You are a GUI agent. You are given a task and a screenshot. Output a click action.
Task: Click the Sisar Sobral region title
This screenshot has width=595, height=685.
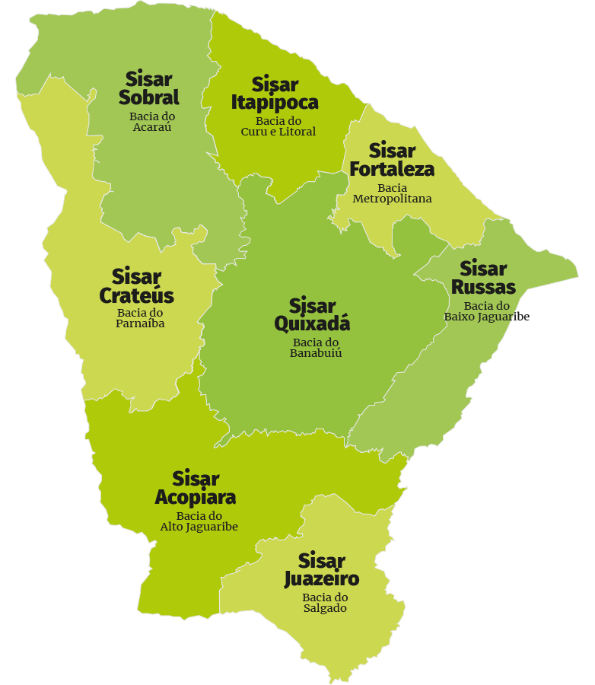(149, 88)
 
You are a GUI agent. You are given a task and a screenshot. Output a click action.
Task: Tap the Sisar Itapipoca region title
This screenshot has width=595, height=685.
(275, 93)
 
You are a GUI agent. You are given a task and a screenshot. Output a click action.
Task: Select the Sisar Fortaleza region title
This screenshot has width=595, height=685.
(392, 159)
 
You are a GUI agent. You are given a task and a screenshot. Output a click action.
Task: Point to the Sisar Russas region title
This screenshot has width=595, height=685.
(483, 278)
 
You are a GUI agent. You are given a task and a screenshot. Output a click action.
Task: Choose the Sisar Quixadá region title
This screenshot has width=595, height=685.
(312, 314)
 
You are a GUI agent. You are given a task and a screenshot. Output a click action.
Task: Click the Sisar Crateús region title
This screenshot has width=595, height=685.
(137, 286)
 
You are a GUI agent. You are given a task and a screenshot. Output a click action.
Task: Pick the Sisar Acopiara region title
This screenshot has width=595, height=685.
(196, 488)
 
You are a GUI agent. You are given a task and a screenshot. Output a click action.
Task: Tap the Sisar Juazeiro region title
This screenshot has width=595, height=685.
(321, 570)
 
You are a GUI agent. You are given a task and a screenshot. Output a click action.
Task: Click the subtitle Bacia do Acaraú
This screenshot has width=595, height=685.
(152, 122)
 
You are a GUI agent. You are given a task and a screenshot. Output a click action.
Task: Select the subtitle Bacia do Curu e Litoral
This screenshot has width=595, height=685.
(278, 126)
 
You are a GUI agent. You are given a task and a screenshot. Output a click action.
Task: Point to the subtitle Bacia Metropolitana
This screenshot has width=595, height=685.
(392, 193)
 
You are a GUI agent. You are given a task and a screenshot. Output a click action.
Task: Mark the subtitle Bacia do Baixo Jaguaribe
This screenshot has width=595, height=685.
(487, 311)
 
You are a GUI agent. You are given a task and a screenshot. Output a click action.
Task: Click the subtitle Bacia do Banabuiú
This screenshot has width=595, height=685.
(316, 348)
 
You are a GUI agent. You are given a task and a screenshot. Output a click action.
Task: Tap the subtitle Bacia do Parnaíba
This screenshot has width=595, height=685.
(141, 318)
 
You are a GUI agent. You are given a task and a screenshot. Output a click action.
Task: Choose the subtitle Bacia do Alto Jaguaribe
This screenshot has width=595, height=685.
(199, 521)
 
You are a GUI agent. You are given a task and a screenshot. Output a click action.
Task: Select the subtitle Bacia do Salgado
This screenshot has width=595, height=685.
(325, 603)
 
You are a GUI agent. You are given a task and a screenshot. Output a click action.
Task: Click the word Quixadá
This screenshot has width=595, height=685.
(312, 323)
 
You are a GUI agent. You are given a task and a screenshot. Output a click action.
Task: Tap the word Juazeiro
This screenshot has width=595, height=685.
(321, 578)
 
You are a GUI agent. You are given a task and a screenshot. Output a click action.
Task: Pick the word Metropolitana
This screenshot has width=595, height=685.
(392, 199)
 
